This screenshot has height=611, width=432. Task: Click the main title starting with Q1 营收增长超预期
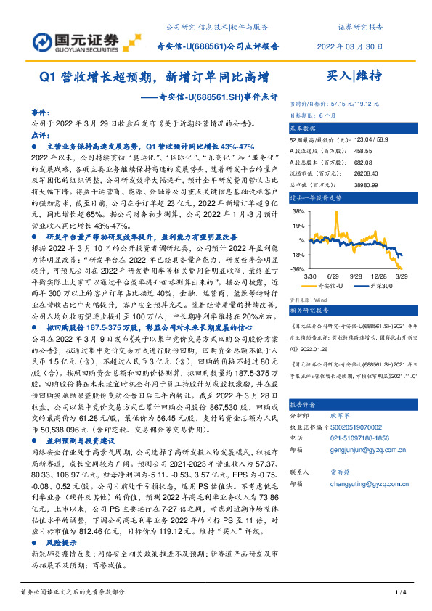click(x=155, y=75)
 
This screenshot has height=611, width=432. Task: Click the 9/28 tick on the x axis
click(x=357, y=276)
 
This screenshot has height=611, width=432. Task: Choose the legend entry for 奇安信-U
click(x=333, y=287)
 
